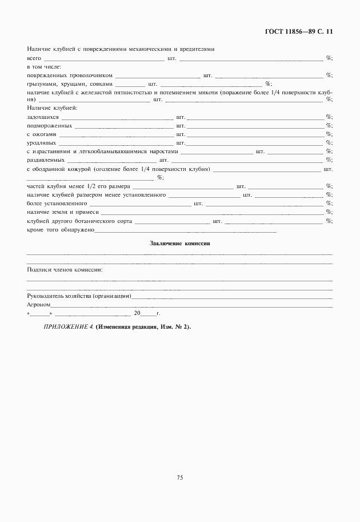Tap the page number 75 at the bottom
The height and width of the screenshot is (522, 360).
pyautogui.click(x=179, y=478)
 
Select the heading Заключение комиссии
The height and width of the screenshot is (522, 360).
pyautogui.click(x=180, y=243)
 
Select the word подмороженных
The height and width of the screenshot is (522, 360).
pyautogui.click(x=49, y=125)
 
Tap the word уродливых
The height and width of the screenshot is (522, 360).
pyautogui.click(x=41, y=142)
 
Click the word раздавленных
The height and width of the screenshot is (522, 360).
pyautogui.click(x=45, y=160)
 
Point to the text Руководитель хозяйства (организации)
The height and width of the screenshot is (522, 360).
pyautogui.click(x=79, y=296)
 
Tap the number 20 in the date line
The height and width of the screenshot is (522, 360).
pyautogui.click(x=137, y=313)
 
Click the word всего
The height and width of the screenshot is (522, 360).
pyautogui.click(x=34, y=58)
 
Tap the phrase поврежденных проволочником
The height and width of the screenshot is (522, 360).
pyautogui.click(x=70, y=75)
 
